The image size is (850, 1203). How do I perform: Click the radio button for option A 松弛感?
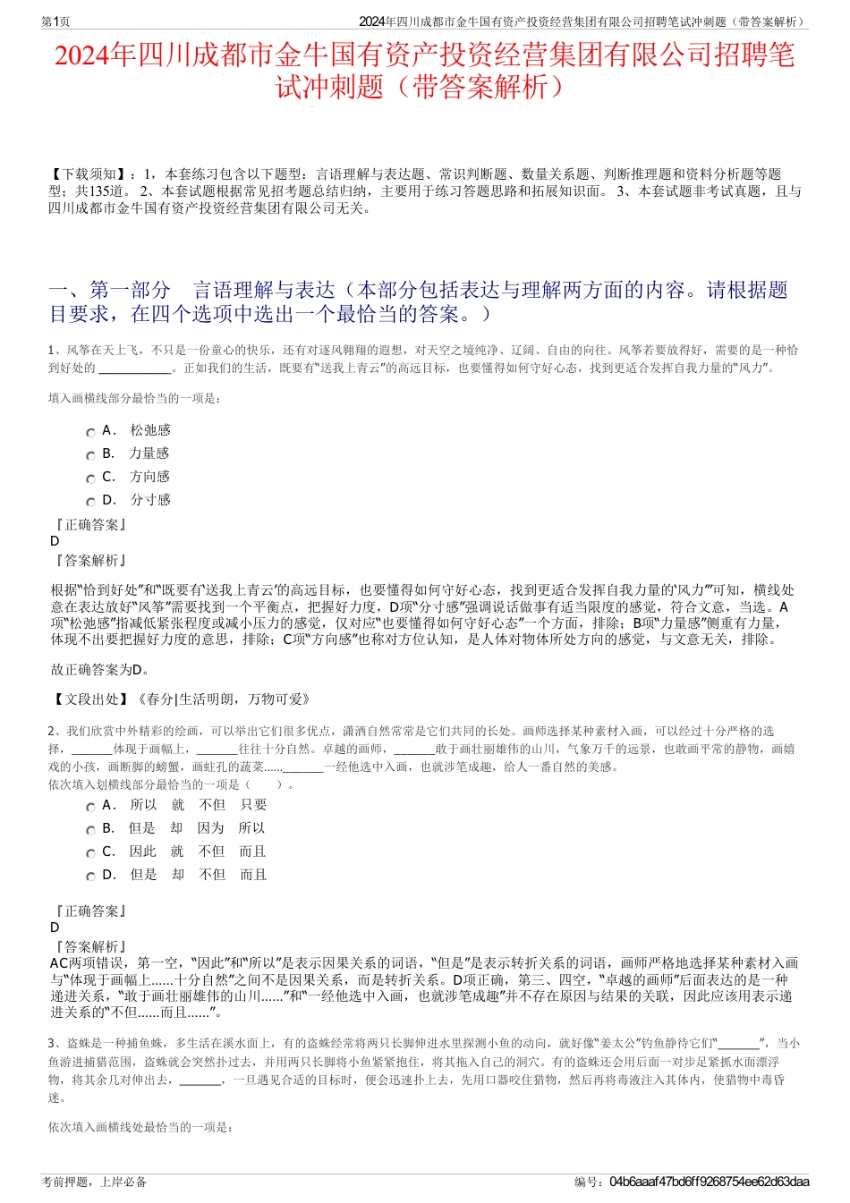(x=90, y=432)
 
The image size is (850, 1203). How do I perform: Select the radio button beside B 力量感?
(x=90, y=455)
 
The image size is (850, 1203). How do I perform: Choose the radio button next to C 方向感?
(x=90, y=479)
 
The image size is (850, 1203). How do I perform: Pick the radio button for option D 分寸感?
(x=90, y=502)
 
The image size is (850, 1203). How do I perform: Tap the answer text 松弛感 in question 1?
(x=149, y=430)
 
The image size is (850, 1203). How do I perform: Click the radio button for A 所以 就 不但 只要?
(x=90, y=807)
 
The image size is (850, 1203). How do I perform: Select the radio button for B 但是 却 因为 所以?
(x=90, y=830)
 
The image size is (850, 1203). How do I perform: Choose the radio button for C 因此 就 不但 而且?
(x=90, y=853)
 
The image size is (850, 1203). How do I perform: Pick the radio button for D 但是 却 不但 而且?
(x=90, y=877)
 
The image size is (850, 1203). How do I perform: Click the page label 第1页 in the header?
(x=56, y=21)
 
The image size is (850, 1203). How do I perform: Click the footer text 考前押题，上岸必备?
(x=94, y=1182)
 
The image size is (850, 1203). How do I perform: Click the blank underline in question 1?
(x=133, y=368)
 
